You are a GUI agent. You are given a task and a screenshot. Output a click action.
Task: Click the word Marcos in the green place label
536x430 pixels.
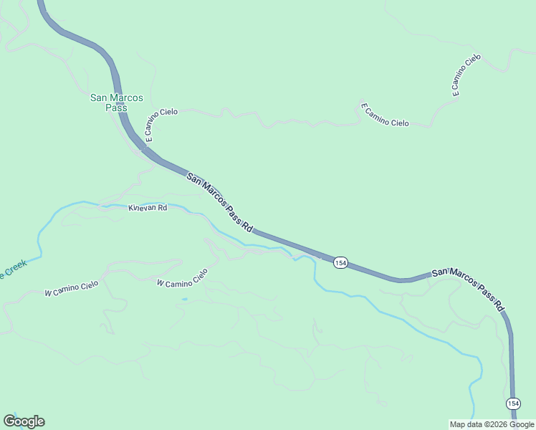[x=127, y=97]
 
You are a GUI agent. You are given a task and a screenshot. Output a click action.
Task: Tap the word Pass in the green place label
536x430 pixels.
[x=116, y=107]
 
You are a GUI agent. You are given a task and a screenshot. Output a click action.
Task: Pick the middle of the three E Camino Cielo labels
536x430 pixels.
[x=385, y=115]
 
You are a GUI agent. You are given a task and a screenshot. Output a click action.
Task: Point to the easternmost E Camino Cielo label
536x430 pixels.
[x=465, y=75]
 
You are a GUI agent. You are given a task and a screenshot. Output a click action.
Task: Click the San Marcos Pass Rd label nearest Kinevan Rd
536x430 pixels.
[x=220, y=202]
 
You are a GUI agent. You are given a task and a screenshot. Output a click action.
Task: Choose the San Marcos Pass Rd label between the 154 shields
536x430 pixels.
[x=469, y=289]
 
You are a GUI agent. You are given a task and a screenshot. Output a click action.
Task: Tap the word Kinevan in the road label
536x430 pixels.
[x=142, y=208]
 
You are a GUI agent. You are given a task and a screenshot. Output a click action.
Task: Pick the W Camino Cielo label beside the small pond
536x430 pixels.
[x=182, y=279]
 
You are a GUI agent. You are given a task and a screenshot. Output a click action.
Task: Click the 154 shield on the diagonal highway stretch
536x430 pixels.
[x=340, y=263]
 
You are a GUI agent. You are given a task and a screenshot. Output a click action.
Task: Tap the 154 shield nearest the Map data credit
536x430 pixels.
[x=513, y=403]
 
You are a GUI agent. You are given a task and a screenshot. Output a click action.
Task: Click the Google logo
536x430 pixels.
[x=24, y=421]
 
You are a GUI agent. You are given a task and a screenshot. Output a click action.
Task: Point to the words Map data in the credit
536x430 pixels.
[x=466, y=424]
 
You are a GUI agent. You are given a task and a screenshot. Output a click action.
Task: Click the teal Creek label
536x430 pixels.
[x=12, y=270]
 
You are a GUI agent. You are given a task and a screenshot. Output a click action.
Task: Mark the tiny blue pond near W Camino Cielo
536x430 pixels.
[x=185, y=299]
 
